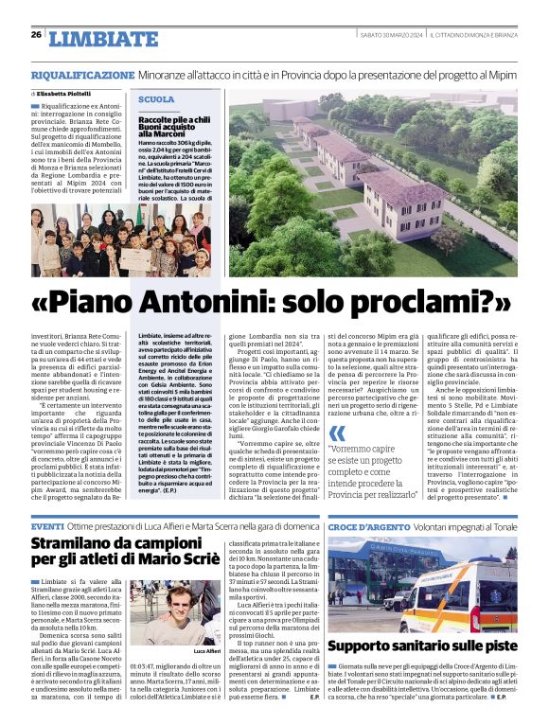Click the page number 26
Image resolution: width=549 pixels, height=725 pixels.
[35, 35]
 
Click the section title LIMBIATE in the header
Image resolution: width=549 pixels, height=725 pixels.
[103, 39]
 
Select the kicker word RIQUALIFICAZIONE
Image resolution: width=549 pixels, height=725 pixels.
[82, 73]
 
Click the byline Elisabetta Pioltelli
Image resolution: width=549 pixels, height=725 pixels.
[69, 94]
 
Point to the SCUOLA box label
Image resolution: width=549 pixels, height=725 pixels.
[156, 99]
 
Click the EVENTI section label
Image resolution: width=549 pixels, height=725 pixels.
[48, 525]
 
